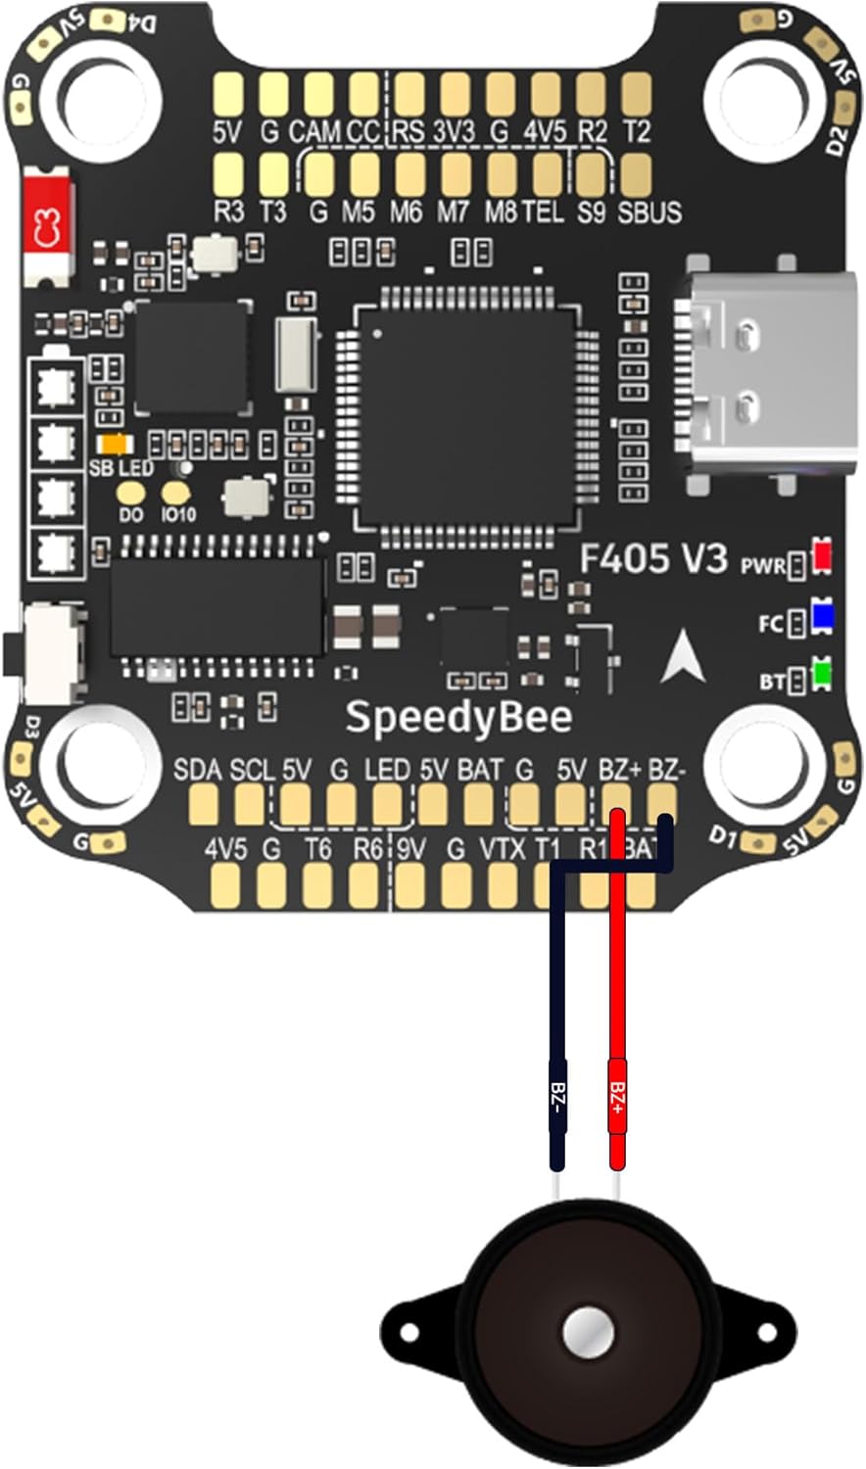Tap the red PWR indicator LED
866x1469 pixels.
[822, 556]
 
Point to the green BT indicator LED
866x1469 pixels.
[822, 675]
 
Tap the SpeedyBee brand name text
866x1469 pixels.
[457, 718]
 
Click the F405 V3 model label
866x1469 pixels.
[653, 558]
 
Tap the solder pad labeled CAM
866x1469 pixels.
[318, 95]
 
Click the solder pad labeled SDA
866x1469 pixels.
[203, 805]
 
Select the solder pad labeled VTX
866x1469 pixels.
[502, 886]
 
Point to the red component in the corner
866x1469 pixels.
[45, 226]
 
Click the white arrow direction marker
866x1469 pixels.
[683, 656]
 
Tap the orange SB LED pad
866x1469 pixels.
[116, 445]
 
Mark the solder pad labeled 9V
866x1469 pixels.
[409, 886]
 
